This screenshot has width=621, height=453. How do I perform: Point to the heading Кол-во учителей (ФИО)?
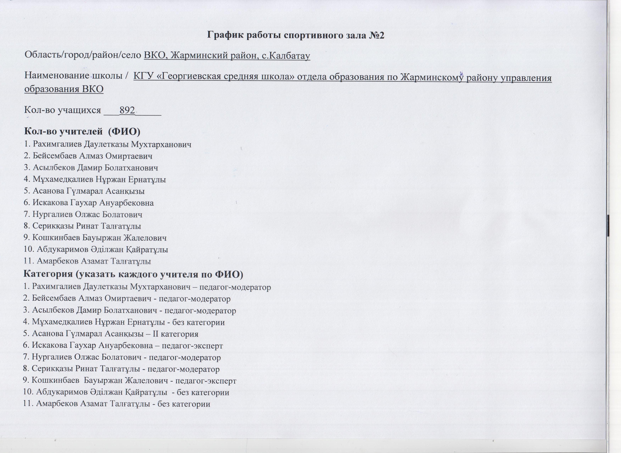[82, 131]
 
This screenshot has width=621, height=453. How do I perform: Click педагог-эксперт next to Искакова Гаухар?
[192, 346]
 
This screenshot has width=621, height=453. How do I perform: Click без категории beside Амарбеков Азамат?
[184, 404]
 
